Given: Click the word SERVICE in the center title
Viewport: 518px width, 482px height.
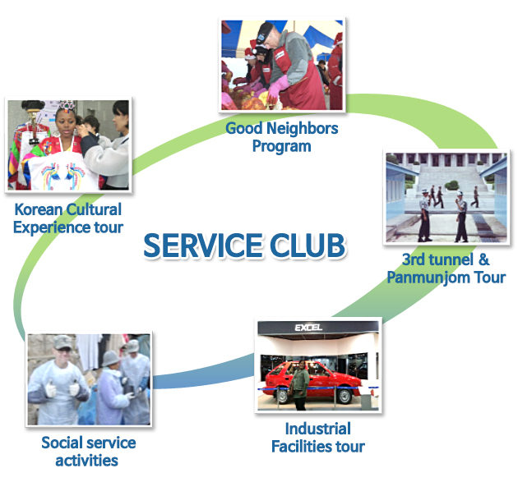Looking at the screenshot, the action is click(x=203, y=246).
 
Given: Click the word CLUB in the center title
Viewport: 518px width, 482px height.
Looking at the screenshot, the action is click(x=308, y=246).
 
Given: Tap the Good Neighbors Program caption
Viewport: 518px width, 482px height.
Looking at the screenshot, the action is click(x=282, y=137).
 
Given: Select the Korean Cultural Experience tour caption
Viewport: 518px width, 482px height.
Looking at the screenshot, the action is click(x=68, y=218).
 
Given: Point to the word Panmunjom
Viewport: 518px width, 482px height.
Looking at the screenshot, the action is click(x=428, y=278).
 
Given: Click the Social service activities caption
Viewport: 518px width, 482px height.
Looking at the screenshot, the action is click(x=88, y=452).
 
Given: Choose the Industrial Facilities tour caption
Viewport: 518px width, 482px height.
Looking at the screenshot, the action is click(x=318, y=438).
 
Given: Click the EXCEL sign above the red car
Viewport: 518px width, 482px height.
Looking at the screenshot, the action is click(x=308, y=328).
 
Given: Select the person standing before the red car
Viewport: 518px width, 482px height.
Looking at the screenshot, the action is click(x=299, y=385).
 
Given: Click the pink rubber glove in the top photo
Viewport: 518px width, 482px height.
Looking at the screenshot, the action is click(x=277, y=86).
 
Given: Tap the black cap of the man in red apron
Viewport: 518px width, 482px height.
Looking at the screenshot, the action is click(x=265, y=33).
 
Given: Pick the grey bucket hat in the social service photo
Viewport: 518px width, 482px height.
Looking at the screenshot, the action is click(x=111, y=359).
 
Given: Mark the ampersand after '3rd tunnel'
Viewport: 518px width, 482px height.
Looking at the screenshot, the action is click(x=483, y=259).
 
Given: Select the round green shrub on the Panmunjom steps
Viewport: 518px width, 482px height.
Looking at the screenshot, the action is click(x=451, y=185).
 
